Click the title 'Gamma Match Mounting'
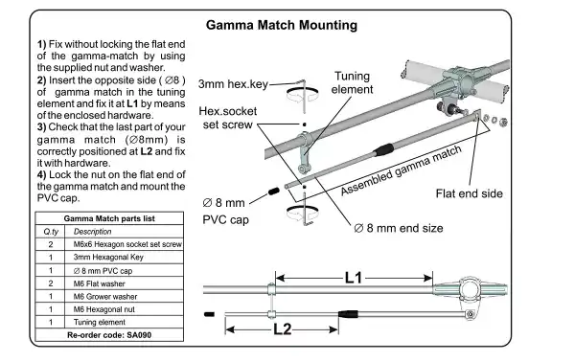pyautogui.click(x=287, y=24)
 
